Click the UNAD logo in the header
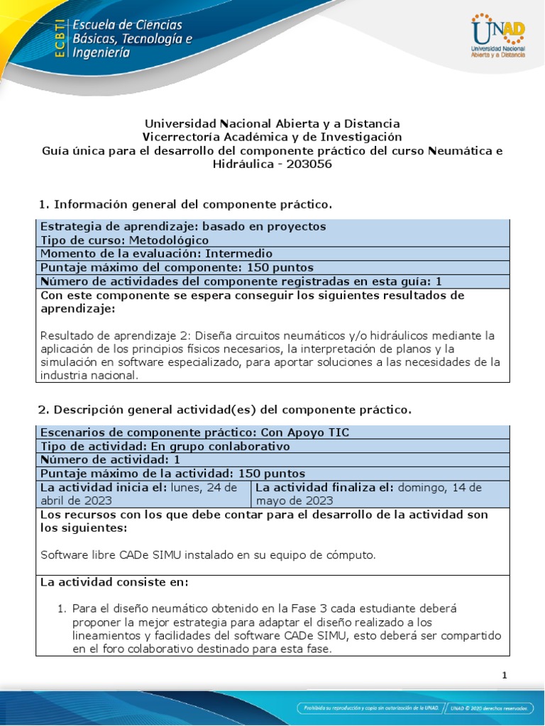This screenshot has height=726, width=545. coord(497,35)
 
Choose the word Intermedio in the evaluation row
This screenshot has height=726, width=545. coord(239,253)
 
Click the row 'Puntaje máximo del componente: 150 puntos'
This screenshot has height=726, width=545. coord(177,267)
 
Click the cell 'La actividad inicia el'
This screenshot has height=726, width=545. coord(103,487)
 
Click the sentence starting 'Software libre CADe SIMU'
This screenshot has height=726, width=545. coord(207,554)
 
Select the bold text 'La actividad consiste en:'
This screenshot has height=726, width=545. coord(114,582)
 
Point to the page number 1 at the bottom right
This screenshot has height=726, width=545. coord(505,676)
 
